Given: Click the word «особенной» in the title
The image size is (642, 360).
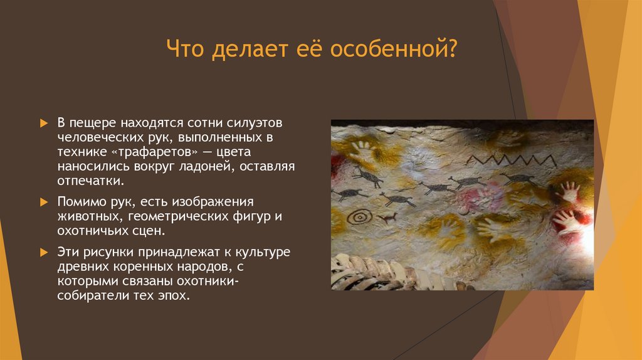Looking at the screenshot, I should coord(397,49).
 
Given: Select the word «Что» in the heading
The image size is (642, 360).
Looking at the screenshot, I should coord(186,49).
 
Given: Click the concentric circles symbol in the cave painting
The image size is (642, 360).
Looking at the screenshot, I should coord(359,217).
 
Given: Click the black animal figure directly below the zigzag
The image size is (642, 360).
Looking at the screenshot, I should coord(517,179).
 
